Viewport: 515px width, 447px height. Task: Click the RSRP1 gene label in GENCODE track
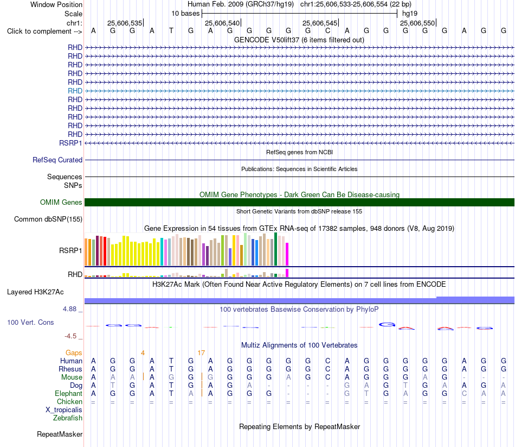pos(70,143)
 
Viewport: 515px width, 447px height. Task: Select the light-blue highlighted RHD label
pos(75,91)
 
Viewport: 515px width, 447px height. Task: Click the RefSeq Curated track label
pos(57,160)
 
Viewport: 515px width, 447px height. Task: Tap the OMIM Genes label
pos(61,202)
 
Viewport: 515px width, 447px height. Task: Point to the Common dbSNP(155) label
pos(48,219)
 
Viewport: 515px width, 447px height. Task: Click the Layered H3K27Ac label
pos(35,292)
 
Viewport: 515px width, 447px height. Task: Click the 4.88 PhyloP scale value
pos(69,309)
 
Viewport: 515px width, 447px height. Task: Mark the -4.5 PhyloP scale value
pos(70,336)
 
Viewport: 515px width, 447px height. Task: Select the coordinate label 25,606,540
pos(222,23)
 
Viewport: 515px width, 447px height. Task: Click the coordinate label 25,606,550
pos(417,23)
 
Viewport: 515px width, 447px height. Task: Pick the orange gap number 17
pos(201,353)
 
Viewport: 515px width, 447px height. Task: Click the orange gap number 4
pos(143,353)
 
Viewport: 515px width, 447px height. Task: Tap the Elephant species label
pos(69,394)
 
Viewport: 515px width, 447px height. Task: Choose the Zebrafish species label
pos(68,418)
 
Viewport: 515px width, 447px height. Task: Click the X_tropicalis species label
pos(64,410)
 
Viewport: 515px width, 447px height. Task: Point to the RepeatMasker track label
pos(60,434)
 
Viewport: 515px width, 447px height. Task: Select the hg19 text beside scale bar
pos(410,14)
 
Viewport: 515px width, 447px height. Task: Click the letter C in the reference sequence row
pos(327,31)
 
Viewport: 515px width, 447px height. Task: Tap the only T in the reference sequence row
pos(171,31)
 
